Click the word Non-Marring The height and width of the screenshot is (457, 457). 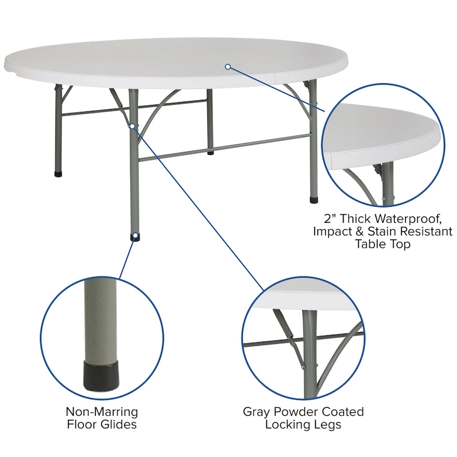pyautogui.click(x=102, y=412)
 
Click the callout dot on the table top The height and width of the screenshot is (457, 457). pyautogui.click(x=227, y=67)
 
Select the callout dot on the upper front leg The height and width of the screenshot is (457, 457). pyautogui.click(x=132, y=125)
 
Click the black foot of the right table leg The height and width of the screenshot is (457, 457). pyautogui.click(x=313, y=201)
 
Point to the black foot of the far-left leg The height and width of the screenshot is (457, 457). pyautogui.click(x=58, y=173)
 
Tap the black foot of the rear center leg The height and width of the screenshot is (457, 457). pyautogui.click(x=211, y=153)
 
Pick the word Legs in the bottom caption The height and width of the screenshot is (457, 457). pyautogui.click(x=328, y=424)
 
